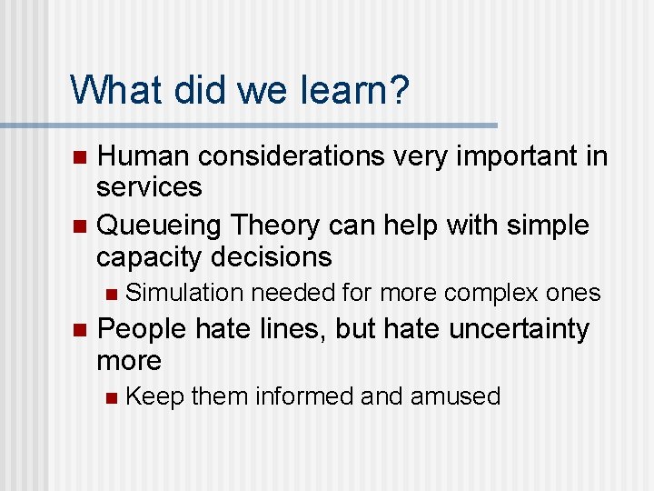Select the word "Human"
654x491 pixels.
pyautogui.click(x=145, y=155)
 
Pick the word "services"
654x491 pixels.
pyautogui.click(x=149, y=187)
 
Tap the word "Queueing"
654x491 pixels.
pyautogui.click(x=160, y=224)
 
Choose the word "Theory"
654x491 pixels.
pyautogui.click(x=282, y=224)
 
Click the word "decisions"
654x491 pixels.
pyautogui.click(x=272, y=256)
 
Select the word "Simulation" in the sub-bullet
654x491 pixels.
pyautogui.click(x=184, y=293)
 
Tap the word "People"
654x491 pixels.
pyautogui.click(x=142, y=328)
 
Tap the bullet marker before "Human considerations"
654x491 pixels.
pyautogui.click(x=79, y=156)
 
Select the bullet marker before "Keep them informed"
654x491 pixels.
pyautogui.click(x=111, y=397)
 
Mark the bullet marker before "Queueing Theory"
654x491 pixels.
pyautogui.click(x=79, y=225)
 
